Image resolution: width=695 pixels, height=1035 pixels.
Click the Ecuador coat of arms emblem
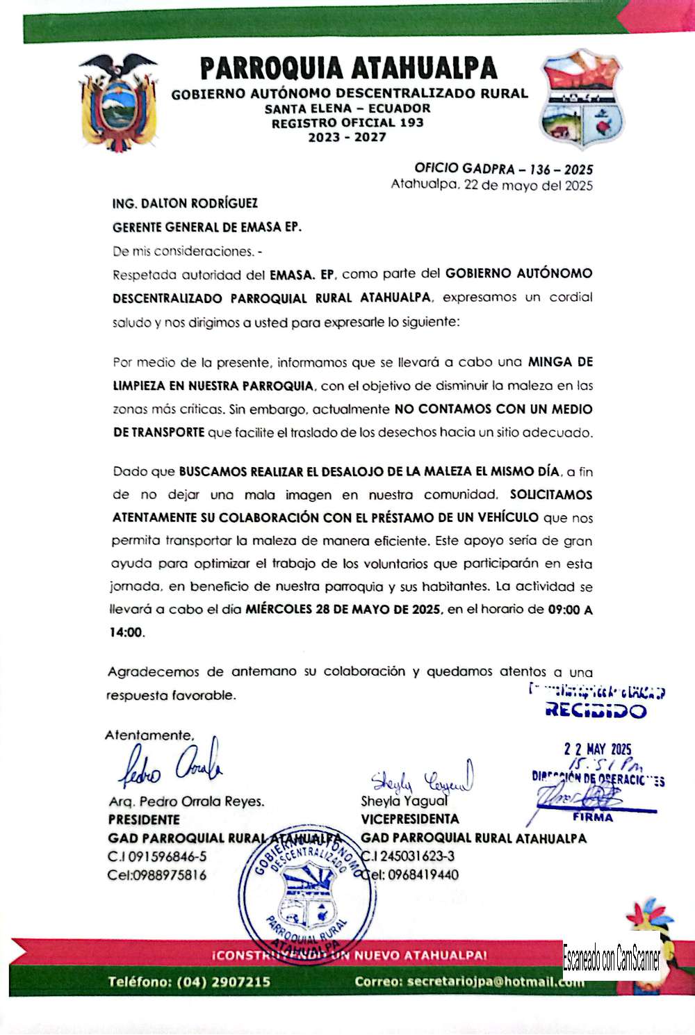click(117, 104)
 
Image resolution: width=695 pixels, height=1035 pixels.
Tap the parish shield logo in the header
click(582, 99)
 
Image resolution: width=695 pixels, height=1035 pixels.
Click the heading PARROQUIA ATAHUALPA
click(348, 69)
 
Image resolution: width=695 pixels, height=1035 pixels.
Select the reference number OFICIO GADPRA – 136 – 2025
click(503, 169)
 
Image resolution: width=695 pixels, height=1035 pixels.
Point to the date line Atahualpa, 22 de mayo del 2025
click(491, 185)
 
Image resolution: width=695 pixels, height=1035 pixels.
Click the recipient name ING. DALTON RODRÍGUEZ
click(185, 204)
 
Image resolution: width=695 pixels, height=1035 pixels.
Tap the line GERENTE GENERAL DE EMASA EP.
click(207, 227)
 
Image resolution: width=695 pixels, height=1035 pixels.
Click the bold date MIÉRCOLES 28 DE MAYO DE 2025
click(343, 610)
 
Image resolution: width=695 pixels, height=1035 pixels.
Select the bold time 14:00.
click(126, 633)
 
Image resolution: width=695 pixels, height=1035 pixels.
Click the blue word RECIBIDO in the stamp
click(596, 710)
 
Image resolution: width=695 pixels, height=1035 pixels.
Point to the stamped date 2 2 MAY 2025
click(598, 749)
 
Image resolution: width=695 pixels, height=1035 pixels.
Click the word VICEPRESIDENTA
click(410, 819)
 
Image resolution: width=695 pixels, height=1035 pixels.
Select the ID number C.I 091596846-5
click(157, 856)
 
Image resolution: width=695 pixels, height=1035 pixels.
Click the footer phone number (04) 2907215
click(223, 981)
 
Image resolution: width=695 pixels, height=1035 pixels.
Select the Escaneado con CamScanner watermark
click(612, 960)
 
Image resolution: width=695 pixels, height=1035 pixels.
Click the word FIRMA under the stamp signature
click(593, 817)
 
